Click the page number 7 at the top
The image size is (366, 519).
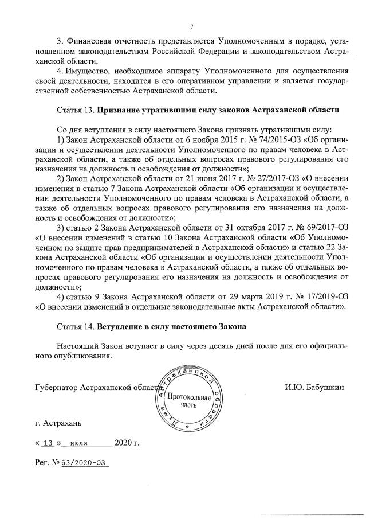tap(192, 26)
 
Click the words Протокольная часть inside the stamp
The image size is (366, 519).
tap(188, 401)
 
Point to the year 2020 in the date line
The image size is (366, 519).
tap(123, 443)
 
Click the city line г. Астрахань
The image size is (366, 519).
tap(58, 424)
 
